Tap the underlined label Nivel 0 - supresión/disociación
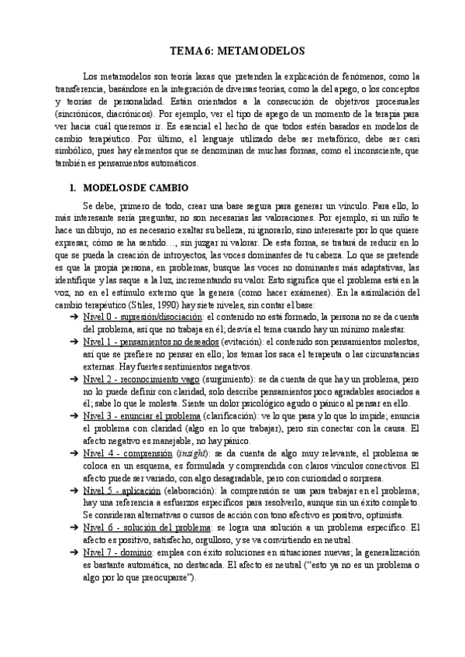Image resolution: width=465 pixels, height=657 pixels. (x=143, y=318)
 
